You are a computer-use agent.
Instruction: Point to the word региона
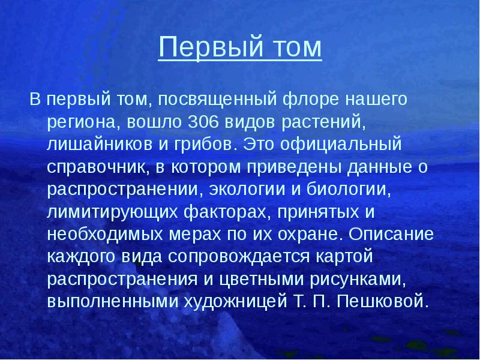click(84, 122)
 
